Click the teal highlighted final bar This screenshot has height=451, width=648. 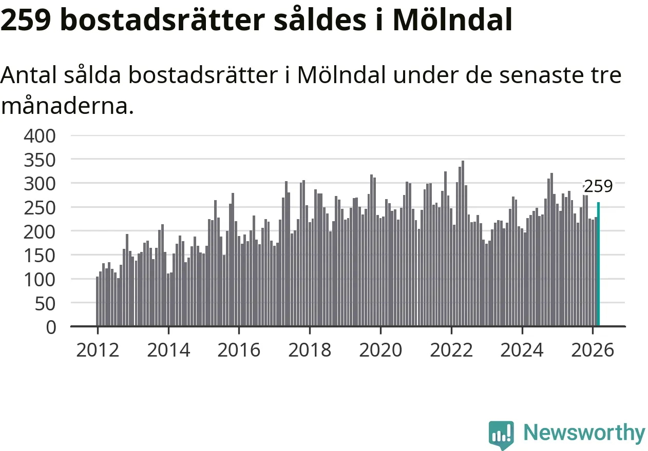[598, 264]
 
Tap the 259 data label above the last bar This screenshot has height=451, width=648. [599, 187]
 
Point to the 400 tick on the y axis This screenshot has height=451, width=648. [40, 136]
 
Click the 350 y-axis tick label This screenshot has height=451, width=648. [40, 160]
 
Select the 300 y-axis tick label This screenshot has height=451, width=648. [40, 184]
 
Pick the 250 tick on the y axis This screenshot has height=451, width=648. [40, 208]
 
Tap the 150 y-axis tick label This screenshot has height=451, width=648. [40, 256]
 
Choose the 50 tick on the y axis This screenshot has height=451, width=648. [45, 303]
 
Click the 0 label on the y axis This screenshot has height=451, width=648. [51, 327]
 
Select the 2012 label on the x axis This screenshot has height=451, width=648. [97, 350]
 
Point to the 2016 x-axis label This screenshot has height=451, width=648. [239, 350]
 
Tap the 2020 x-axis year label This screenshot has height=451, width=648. [380, 350]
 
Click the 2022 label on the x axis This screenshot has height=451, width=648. [451, 350]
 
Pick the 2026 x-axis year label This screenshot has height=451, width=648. [593, 350]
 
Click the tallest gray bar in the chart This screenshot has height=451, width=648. [463, 244]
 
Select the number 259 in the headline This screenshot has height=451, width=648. [25, 21]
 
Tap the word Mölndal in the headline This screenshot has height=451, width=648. [452, 21]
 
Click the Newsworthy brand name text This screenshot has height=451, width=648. [584, 433]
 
